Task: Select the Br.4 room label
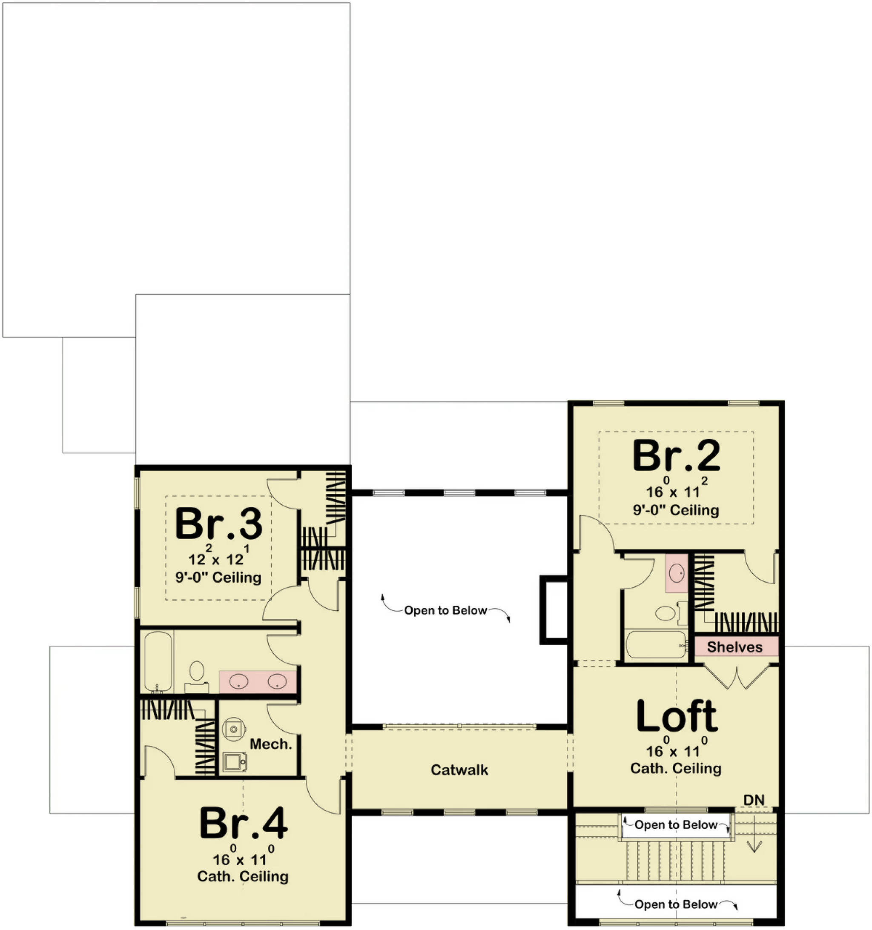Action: (243, 823)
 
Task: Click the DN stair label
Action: (754, 800)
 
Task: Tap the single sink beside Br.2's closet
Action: (676, 572)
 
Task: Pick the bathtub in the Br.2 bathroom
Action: (657, 645)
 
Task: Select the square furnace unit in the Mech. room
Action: (234, 761)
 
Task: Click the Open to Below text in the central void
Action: (446, 610)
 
